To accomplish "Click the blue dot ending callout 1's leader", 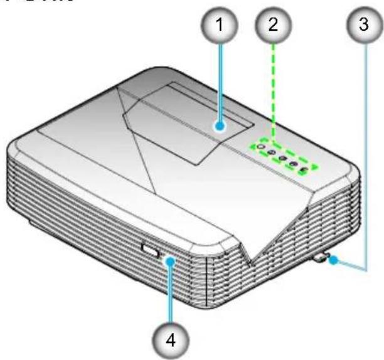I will [x=220, y=126].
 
